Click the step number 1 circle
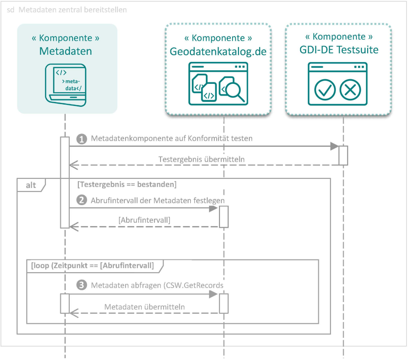82,139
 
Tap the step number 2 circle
82,200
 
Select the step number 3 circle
82,285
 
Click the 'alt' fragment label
31,185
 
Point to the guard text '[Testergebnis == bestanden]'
127,185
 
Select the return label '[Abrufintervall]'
144,220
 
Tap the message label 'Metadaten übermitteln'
145,307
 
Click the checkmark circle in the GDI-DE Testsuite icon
325,90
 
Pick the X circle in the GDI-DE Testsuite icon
350,90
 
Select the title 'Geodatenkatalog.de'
218,51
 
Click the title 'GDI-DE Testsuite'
339,50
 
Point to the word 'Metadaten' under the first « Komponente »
65,51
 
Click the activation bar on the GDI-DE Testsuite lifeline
343,155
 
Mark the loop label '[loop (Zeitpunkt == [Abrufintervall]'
92,265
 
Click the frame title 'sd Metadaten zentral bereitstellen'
67,10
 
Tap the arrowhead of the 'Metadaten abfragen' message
214,294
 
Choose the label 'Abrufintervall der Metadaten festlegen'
158,200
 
